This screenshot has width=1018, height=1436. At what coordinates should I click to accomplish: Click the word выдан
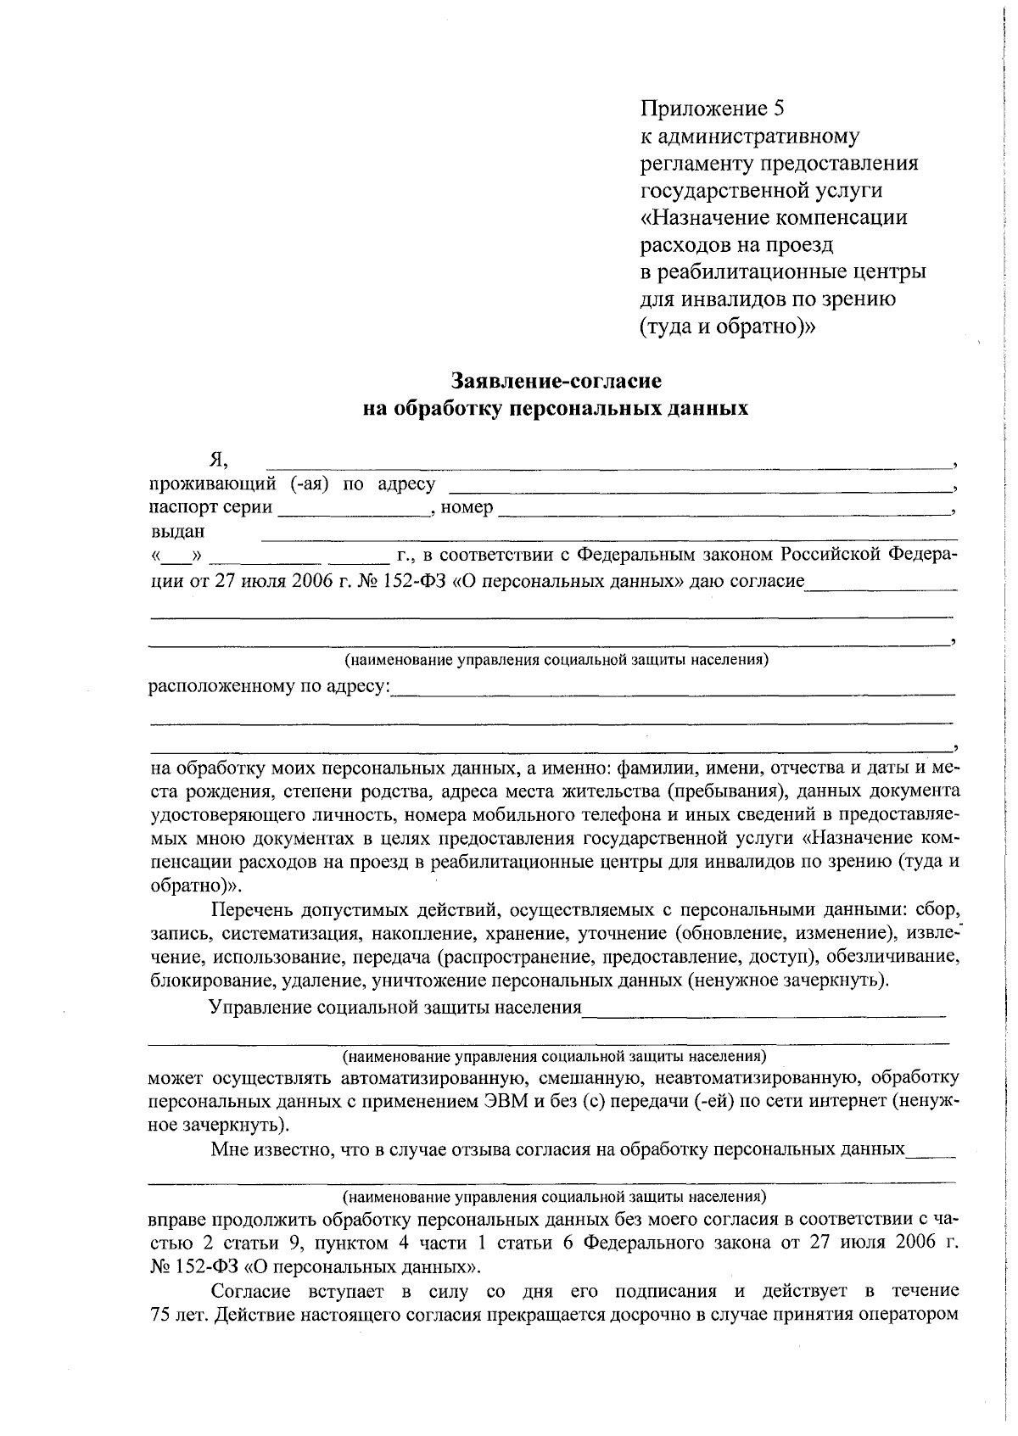[176, 533]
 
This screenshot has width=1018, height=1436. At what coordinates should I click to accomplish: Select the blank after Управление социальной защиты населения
[763, 1009]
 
